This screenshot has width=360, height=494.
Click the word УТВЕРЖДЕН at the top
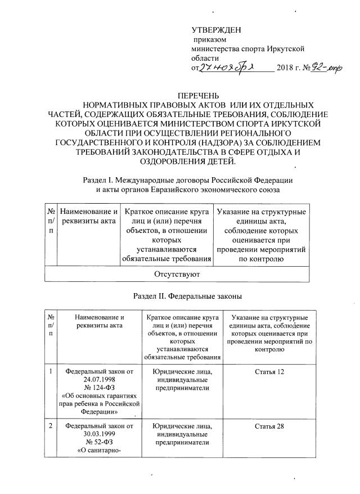coord(216,30)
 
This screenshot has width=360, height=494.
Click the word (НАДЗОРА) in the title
coord(222,143)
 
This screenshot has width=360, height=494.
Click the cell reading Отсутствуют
coord(177,274)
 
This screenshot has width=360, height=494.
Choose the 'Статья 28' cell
coord(269,426)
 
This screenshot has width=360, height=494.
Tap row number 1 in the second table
coord(51,371)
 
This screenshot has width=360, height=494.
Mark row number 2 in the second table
coord(51,426)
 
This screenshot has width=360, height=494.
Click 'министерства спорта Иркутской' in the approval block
coord(248,50)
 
